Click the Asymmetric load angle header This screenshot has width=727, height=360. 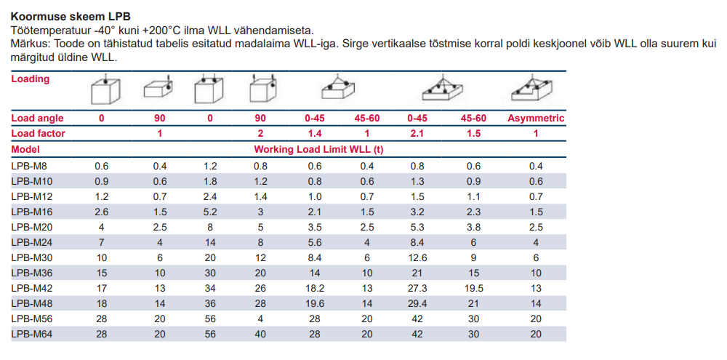[x=536, y=118]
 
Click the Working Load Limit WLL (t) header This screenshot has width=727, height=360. [x=318, y=148]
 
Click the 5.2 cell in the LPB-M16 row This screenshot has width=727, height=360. [x=209, y=211]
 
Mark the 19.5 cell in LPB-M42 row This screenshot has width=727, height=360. [x=473, y=287]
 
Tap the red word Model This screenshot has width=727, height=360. [x=25, y=148]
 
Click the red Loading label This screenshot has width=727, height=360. [x=31, y=79]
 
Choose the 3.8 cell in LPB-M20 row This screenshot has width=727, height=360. [x=473, y=226]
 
